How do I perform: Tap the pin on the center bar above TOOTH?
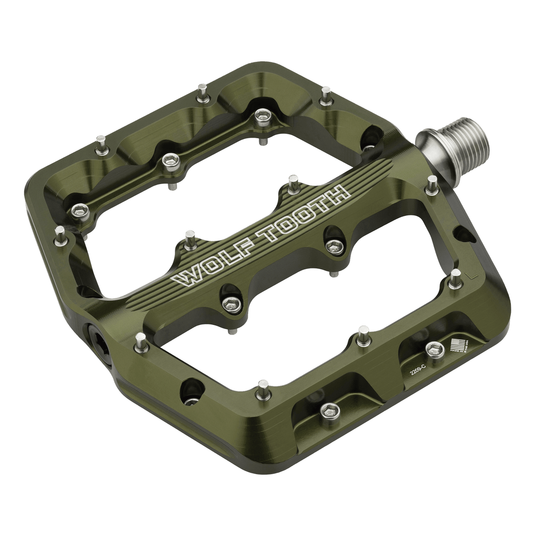click(x=292, y=181)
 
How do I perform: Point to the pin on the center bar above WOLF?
click(x=190, y=238)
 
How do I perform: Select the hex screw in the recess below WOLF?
click(x=229, y=302)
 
